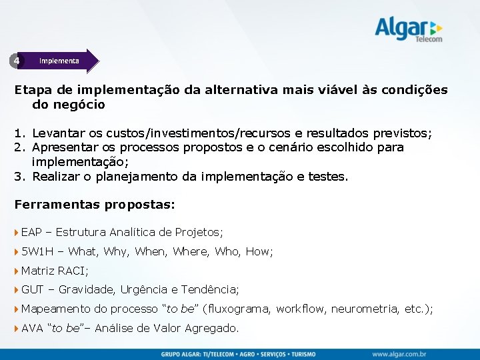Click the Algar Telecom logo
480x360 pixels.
408,30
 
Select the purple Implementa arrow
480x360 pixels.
63,61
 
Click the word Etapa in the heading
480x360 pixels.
30,89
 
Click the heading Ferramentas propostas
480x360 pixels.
95,205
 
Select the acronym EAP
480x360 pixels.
31,232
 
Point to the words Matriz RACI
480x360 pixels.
55,271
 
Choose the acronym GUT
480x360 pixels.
32,289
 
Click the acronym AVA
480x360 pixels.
32,328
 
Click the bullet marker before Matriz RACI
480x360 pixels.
17,271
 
